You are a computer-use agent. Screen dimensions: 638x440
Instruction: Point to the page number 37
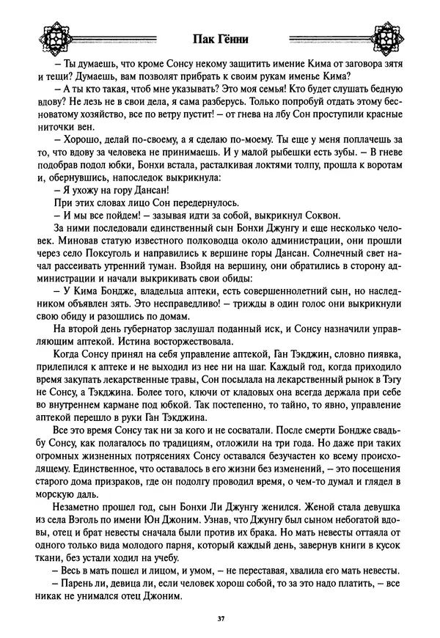pos(220,620)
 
